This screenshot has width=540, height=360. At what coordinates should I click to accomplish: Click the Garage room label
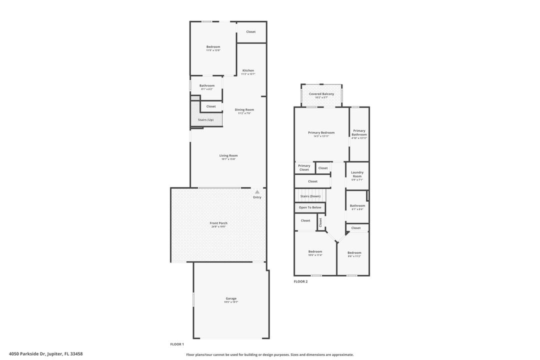tap(231, 298)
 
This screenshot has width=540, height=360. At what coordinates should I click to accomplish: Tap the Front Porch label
tap(218, 223)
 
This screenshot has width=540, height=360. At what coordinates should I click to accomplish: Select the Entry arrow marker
tap(257, 191)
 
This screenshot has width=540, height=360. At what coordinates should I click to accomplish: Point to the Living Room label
tap(228, 155)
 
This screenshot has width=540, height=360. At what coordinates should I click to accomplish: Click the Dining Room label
tap(244, 109)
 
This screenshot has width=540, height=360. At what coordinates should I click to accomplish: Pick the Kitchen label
tap(248, 70)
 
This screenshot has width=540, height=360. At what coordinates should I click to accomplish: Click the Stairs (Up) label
tap(205, 120)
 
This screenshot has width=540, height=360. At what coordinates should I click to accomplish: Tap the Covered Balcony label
tap(321, 94)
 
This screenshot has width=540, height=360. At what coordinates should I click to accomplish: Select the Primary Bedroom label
tap(321, 132)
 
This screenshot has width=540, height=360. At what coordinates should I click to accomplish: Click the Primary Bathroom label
tap(359, 132)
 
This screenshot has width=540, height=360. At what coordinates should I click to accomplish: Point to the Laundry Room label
tap(357, 174)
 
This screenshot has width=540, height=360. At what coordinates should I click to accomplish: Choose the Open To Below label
tap(310, 207)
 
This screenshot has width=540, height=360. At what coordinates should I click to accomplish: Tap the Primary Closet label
tap(304, 167)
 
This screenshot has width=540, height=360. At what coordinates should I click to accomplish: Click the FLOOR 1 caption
tap(177, 344)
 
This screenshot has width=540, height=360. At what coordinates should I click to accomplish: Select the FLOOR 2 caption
tap(300, 281)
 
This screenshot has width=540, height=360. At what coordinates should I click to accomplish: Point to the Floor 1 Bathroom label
tap(207, 85)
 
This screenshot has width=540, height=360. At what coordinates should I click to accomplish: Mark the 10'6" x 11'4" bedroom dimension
tap(315, 255)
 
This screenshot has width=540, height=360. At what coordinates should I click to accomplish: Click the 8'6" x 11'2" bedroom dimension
tap(354, 256)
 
